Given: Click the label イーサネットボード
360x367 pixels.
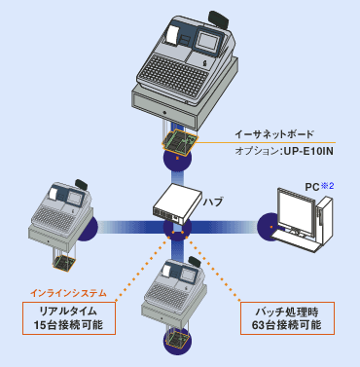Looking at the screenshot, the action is [x=274, y=134].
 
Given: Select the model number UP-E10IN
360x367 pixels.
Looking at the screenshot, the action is [x=308, y=151].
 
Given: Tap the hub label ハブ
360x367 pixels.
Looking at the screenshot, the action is [x=213, y=202].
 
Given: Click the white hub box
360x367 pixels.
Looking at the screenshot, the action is [x=177, y=203].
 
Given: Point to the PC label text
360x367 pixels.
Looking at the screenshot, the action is [x=312, y=187].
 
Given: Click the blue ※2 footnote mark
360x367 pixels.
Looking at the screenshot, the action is [x=327, y=186].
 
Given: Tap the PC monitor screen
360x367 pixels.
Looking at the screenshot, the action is [x=295, y=210].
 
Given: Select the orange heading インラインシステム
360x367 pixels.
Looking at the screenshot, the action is [x=68, y=293].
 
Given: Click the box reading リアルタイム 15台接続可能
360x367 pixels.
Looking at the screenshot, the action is [x=69, y=318].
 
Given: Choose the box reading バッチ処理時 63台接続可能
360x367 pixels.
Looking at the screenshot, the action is [x=287, y=318].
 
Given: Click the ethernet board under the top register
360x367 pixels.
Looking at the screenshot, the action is [x=180, y=142].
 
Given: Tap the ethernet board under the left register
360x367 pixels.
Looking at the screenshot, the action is [x=63, y=263].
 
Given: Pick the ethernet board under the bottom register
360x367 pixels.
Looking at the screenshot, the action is [x=176, y=339].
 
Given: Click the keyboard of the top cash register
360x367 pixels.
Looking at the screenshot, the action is [x=176, y=76].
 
